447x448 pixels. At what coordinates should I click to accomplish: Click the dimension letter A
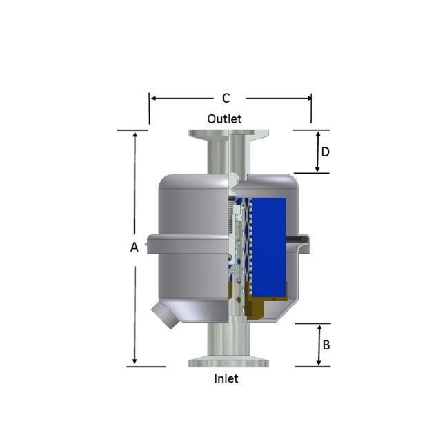tap(135, 247)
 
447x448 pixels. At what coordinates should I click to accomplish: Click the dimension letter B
tap(326, 345)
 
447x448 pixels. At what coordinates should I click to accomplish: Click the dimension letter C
tap(226, 98)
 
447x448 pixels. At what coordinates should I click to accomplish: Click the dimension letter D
tap(326, 152)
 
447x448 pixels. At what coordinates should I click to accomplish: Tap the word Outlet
tap(224, 119)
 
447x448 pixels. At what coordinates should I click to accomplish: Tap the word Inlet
tap(226, 378)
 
